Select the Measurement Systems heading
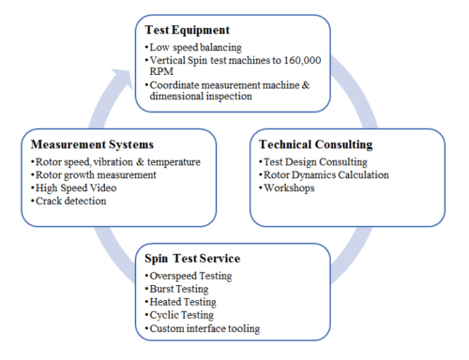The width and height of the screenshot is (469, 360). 90,146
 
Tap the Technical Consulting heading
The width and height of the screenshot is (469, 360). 315,145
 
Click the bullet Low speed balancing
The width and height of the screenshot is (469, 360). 197,45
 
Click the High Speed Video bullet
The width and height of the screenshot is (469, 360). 76,187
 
